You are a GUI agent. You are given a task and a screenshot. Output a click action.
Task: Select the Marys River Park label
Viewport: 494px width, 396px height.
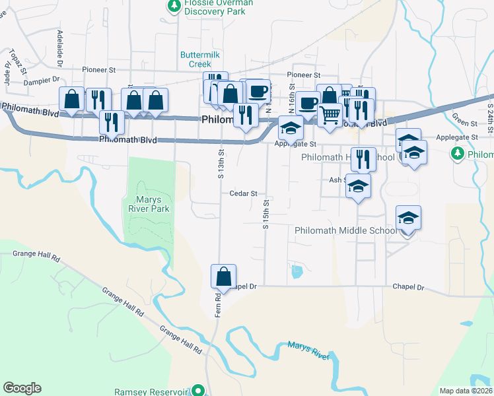tap(149, 203)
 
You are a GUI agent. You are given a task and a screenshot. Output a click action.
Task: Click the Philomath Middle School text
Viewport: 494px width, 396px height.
tap(345, 230)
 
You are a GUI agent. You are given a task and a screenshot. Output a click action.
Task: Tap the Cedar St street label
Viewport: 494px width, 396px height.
tap(243, 193)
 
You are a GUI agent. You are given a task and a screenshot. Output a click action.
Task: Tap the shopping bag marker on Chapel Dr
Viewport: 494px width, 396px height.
tap(223, 275)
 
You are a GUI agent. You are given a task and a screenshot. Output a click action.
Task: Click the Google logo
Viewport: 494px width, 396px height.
tap(22, 388)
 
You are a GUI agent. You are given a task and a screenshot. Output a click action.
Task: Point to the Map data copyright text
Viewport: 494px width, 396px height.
tap(466, 391)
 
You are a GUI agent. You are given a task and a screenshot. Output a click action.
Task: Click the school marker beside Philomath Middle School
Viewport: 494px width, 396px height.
tap(408, 217)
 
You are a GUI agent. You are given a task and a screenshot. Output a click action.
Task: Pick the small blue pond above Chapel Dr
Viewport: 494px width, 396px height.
tap(297, 270)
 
